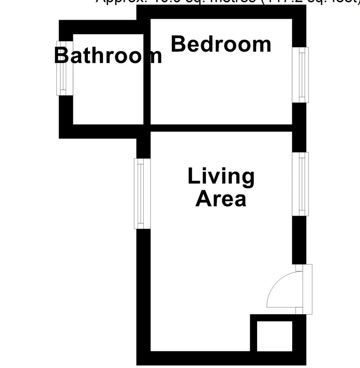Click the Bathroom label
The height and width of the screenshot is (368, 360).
click(108, 55)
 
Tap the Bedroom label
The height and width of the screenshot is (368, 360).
click(221, 44)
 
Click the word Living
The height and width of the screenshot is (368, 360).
click(221, 177)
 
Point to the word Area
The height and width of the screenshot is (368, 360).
click(221, 199)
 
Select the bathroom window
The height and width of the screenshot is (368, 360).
click(65, 68)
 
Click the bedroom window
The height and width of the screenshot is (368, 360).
click(301, 74)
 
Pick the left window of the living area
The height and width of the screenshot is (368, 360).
click(142, 193)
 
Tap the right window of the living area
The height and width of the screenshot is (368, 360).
click(301, 183)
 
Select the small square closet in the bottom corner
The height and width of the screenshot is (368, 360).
click(275, 336)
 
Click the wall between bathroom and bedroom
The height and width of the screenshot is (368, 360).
click(147, 78)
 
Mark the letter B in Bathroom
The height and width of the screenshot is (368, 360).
click(62, 55)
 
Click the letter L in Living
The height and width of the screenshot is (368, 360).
click(193, 177)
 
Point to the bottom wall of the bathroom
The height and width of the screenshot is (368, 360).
click(103, 131)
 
